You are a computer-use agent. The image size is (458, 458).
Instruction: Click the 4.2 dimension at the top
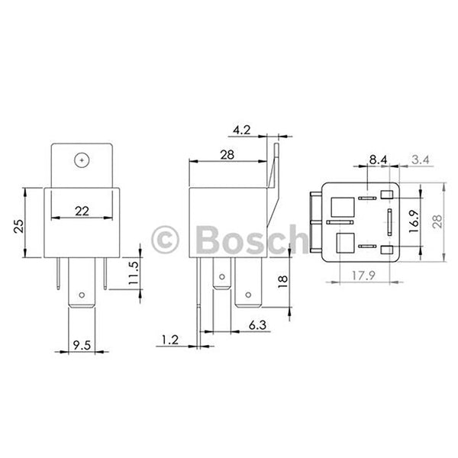point(243,131)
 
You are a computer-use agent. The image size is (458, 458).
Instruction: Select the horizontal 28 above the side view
point(227,154)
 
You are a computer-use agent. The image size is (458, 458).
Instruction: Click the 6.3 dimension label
point(257,326)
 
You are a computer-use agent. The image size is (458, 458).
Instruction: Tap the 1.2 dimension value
point(172,337)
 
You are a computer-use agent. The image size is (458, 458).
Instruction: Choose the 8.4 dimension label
point(377,159)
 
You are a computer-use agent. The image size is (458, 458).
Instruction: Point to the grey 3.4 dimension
point(420,159)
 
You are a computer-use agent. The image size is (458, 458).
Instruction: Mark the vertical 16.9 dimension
point(413,221)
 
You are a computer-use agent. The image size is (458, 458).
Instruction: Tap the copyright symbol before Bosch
point(166,240)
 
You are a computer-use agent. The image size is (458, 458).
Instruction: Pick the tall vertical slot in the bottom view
point(389,222)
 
